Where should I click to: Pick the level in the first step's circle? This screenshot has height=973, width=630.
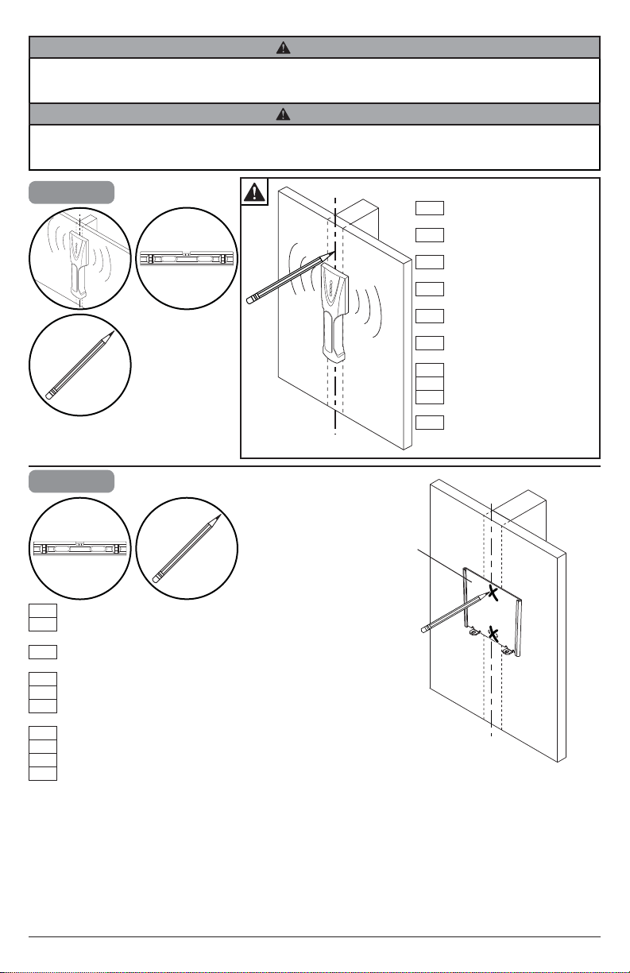coord(186,259)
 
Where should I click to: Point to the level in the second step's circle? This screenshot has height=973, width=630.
coord(79,548)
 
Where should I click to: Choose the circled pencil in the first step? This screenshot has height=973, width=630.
coord(79,365)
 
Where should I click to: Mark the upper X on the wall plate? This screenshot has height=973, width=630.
coord(493,593)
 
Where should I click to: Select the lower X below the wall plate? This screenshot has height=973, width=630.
coord(494,633)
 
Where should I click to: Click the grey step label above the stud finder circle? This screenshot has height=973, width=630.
coord(71,192)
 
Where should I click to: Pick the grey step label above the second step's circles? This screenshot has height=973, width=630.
coord(71,481)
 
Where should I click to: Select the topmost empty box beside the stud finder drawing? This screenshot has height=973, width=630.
coord(428,208)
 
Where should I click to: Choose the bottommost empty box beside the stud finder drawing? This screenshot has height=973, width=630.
coord(428,421)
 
